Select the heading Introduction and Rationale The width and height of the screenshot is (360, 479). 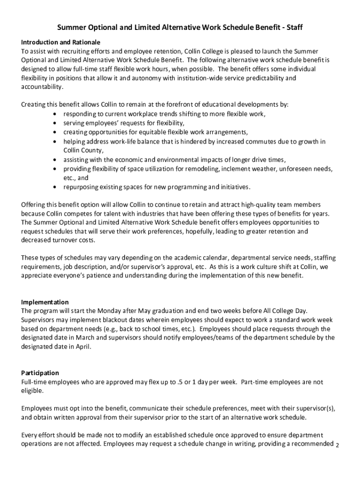click(x=61, y=42)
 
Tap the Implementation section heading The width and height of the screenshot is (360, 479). click(x=45, y=302)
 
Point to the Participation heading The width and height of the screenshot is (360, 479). click(x=40, y=373)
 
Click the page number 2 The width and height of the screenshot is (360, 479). click(x=338, y=445)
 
